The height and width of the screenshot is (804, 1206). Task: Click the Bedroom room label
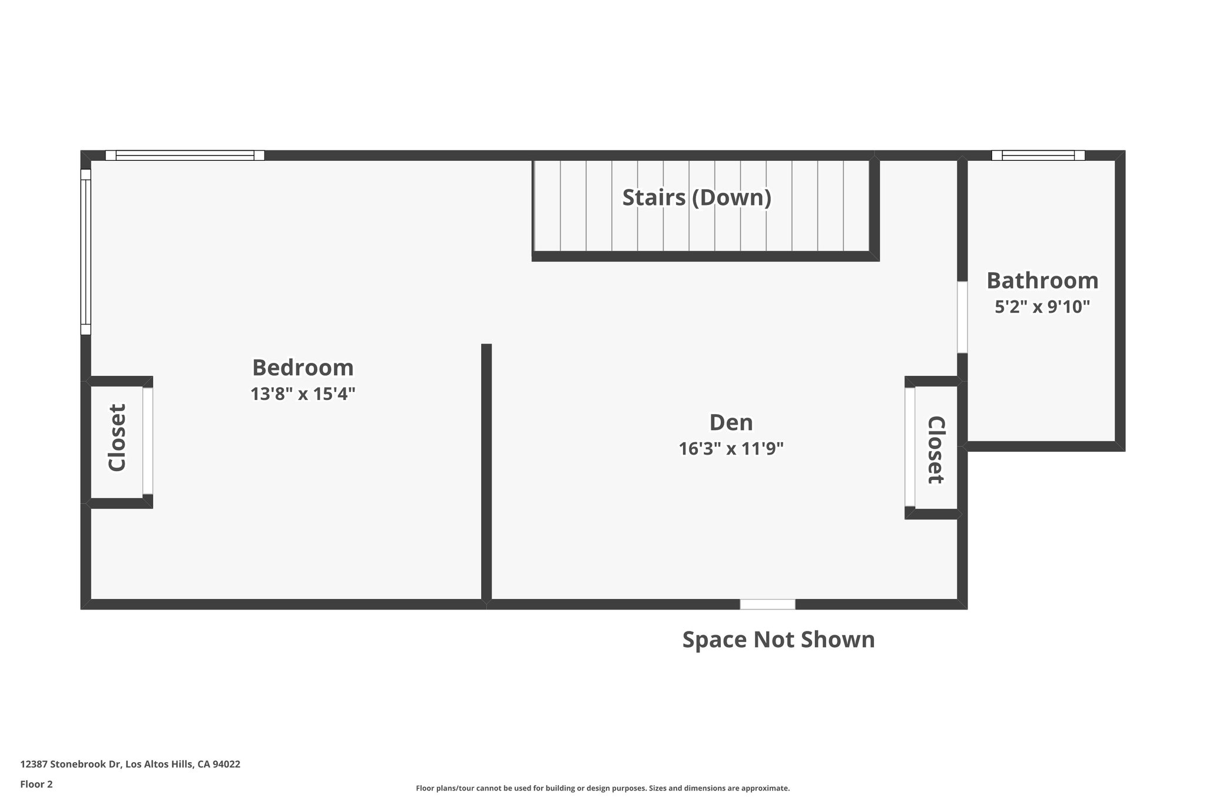[303, 368]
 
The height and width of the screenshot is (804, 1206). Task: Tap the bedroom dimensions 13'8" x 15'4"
[303, 393]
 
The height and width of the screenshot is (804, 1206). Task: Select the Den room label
[731, 422]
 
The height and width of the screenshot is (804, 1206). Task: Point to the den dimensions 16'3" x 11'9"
[731, 449]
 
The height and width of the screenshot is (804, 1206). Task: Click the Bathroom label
[1042, 280]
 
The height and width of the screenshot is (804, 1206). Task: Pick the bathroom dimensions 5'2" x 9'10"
[1042, 307]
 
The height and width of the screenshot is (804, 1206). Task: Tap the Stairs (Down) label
[697, 197]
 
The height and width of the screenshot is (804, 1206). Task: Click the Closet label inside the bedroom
[117, 437]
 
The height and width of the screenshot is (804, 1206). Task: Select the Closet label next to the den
[936, 449]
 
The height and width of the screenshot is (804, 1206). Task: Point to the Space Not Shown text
[778, 640]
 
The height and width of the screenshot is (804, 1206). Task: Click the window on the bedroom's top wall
[185, 155]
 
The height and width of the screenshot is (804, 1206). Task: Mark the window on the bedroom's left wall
[86, 252]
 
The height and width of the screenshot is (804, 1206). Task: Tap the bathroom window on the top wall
[1038, 155]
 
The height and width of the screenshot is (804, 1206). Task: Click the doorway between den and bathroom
[962, 317]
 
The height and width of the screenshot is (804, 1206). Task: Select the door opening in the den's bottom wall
[767, 604]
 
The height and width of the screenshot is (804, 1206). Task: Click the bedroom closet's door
[148, 441]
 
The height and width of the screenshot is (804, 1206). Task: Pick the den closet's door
[910, 447]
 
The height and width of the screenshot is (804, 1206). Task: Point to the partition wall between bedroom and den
[486, 471]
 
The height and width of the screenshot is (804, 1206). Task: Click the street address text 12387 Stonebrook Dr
[130, 764]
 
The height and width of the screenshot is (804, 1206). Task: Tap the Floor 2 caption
[37, 784]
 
